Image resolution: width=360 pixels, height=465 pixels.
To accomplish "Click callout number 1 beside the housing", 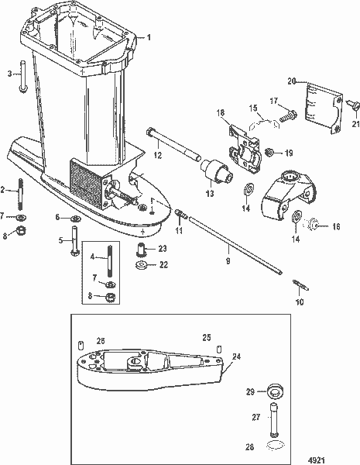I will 150,37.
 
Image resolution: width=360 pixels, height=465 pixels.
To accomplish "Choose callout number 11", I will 179,230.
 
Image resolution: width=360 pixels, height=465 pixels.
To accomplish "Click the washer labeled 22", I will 142,267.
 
